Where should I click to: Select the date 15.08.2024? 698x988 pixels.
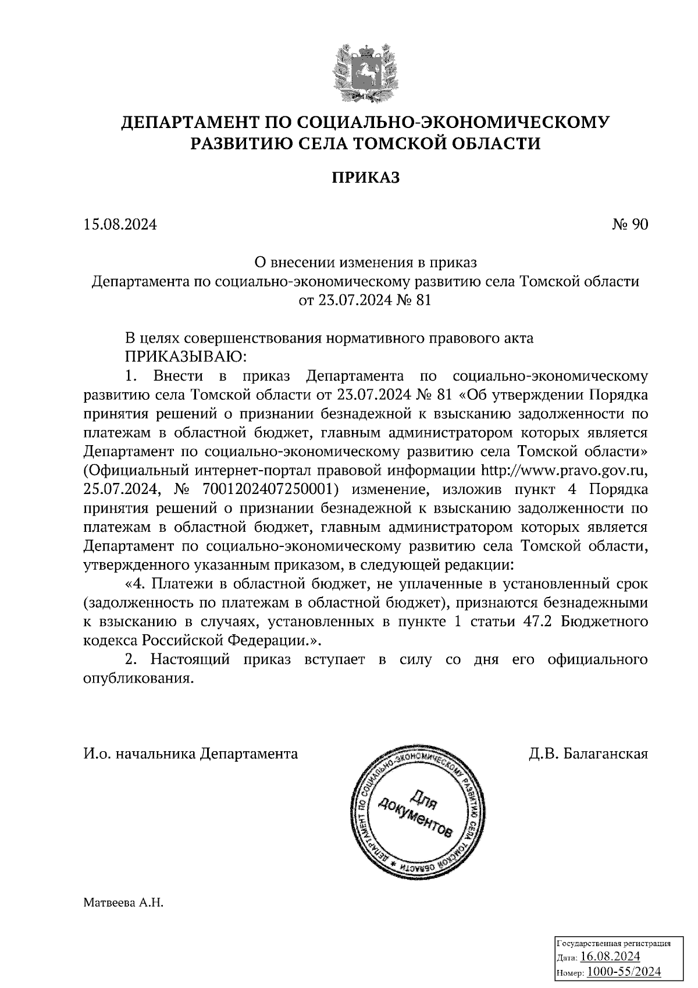120,225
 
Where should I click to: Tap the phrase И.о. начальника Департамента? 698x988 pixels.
191,754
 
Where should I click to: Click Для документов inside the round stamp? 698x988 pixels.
415,811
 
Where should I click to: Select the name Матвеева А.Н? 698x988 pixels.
124,903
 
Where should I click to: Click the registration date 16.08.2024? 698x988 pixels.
610,957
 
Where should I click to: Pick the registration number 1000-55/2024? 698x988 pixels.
624,971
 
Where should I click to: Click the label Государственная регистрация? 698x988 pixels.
614,943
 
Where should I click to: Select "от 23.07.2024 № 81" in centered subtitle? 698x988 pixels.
365,300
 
